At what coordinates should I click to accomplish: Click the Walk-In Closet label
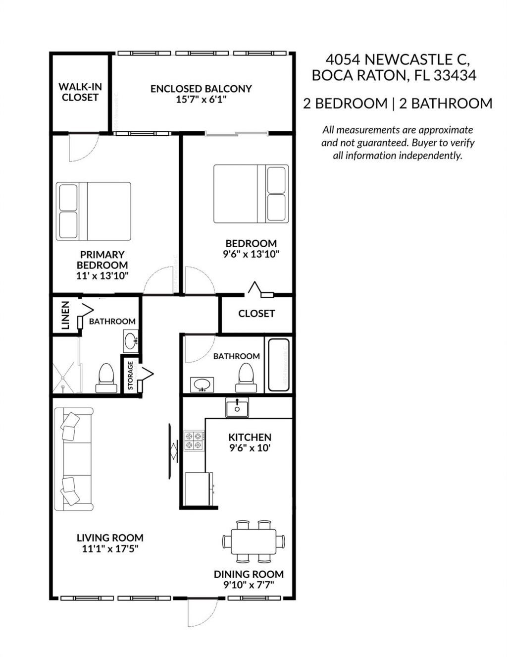tap(80, 92)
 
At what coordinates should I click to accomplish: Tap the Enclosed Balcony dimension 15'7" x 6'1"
tap(201, 100)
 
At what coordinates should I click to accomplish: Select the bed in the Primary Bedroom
tap(94, 211)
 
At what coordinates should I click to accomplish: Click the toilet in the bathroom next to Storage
tap(106, 379)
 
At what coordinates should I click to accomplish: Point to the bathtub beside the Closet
tap(278, 365)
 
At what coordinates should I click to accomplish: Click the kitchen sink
tap(237, 408)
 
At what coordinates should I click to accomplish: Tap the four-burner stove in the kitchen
tap(194, 440)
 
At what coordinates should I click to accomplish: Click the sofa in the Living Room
tap(73, 459)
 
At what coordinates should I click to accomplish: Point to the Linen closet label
tap(65, 316)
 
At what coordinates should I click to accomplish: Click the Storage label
tap(131, 375)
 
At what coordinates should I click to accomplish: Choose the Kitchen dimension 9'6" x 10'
tap(250, 448)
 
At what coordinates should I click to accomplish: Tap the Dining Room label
tap(249, 574)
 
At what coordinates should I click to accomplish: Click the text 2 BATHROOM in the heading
tap(452, 104)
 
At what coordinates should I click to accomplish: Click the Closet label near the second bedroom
tap(256, 314)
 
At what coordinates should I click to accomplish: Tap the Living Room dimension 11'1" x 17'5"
tap(110, 548)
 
